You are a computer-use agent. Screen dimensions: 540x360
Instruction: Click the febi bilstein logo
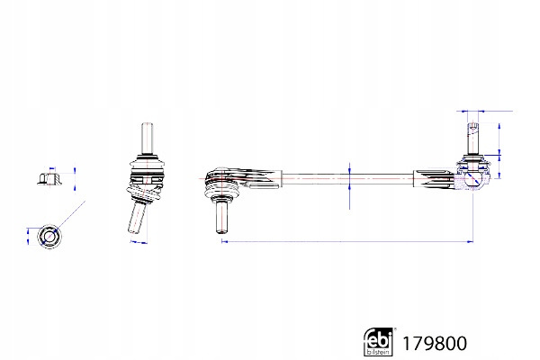[x=378, y=341]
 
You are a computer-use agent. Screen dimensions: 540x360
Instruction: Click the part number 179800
[x=435, y=344]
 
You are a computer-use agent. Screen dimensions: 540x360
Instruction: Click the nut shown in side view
[x=49, y=178]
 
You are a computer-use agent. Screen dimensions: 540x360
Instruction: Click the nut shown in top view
[x=49, y=237]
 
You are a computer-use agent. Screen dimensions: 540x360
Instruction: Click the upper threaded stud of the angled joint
[x=147, y=139]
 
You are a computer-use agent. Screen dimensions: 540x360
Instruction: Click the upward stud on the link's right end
[x=473, y=139]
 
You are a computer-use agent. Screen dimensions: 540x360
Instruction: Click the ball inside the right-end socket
[x=472, y=179]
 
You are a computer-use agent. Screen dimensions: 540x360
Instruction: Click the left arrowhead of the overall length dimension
[x=224, y=241]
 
